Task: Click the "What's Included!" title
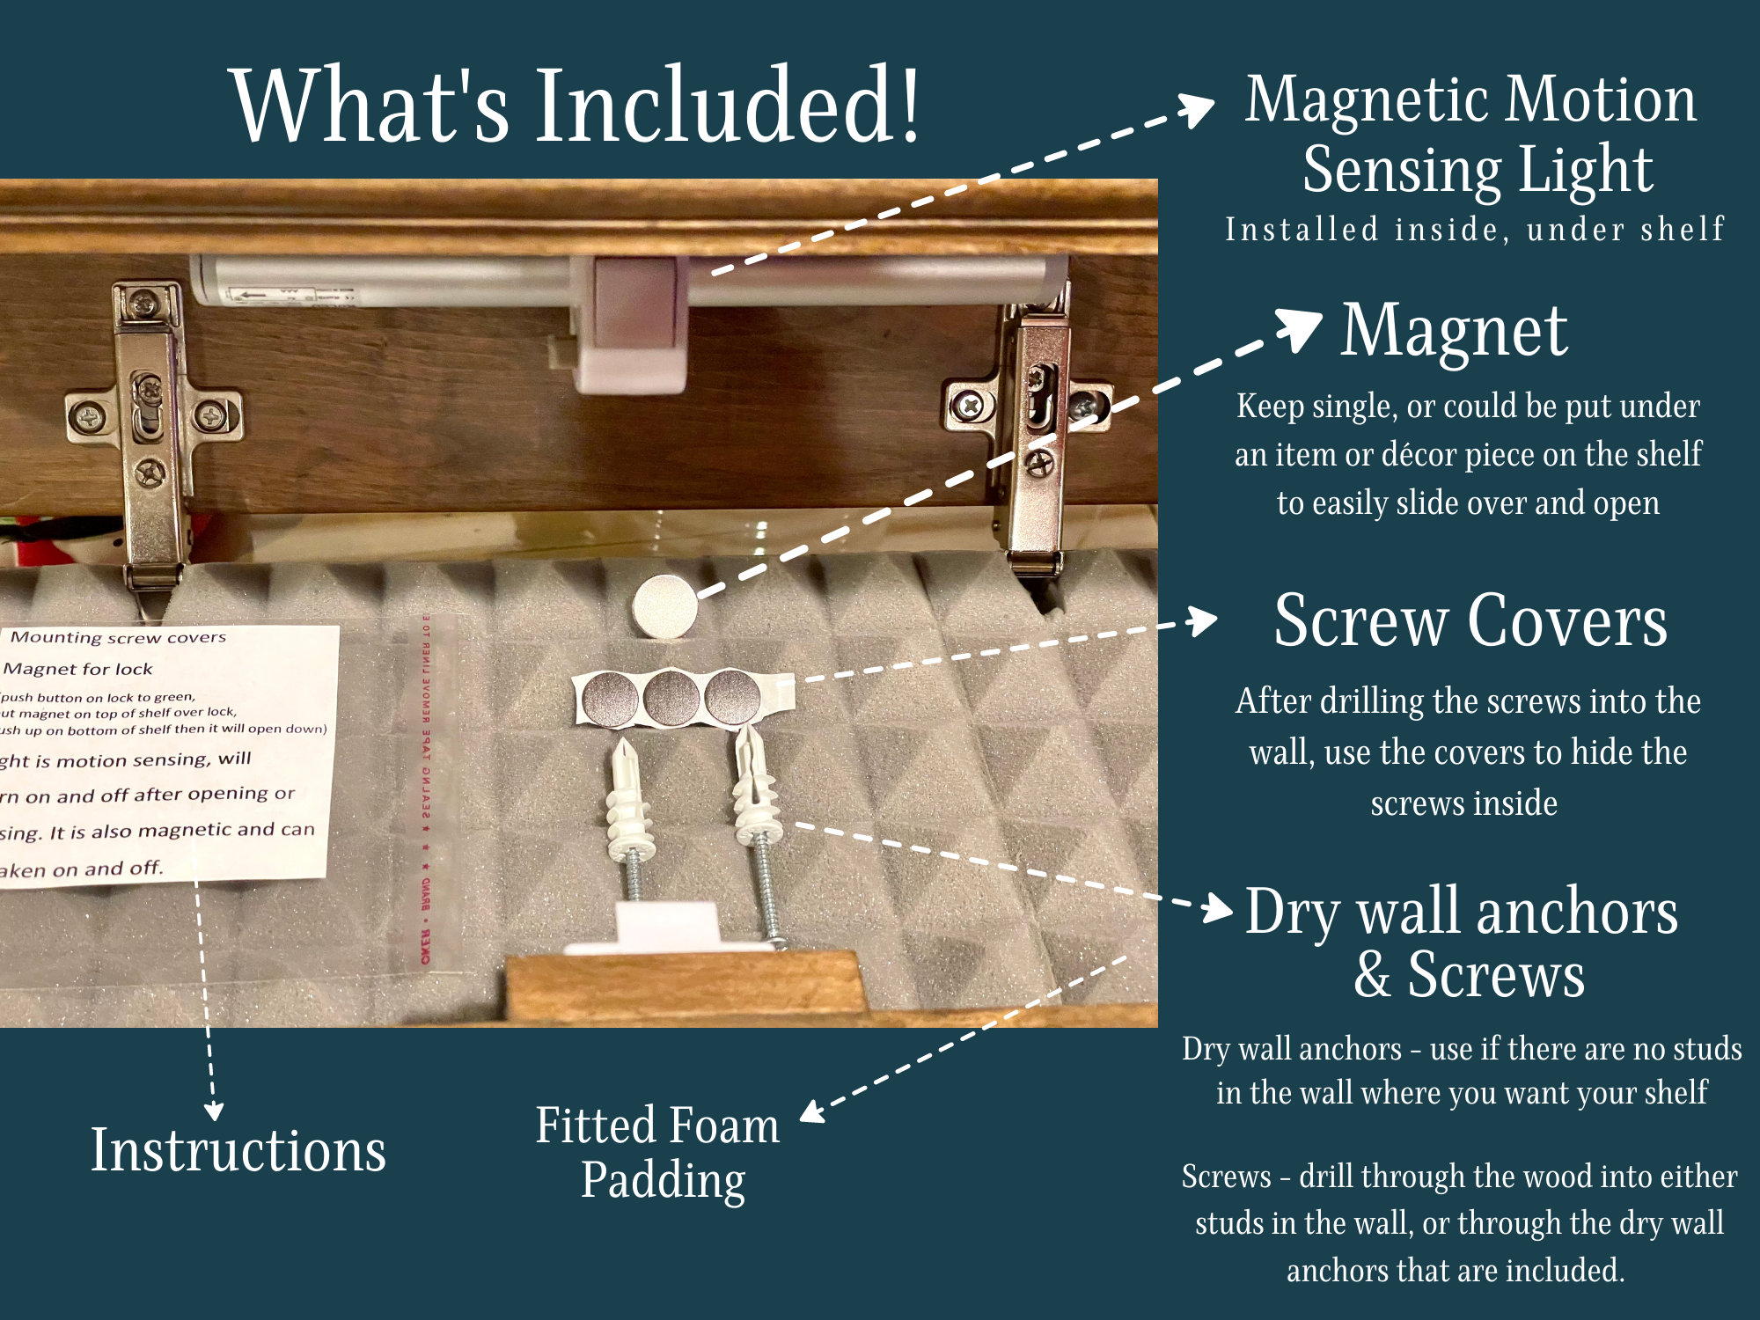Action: [576, 106]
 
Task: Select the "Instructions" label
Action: [238, 1150]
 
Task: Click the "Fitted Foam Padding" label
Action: [659, 1152]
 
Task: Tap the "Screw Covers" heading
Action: [1470, 621]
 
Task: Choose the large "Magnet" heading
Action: [1454, 331]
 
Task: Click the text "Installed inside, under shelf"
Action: [1474, 230]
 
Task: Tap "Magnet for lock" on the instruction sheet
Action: [79, 670]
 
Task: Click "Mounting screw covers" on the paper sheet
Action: [118, 637]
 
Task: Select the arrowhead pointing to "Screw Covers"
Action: [1202, 620]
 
